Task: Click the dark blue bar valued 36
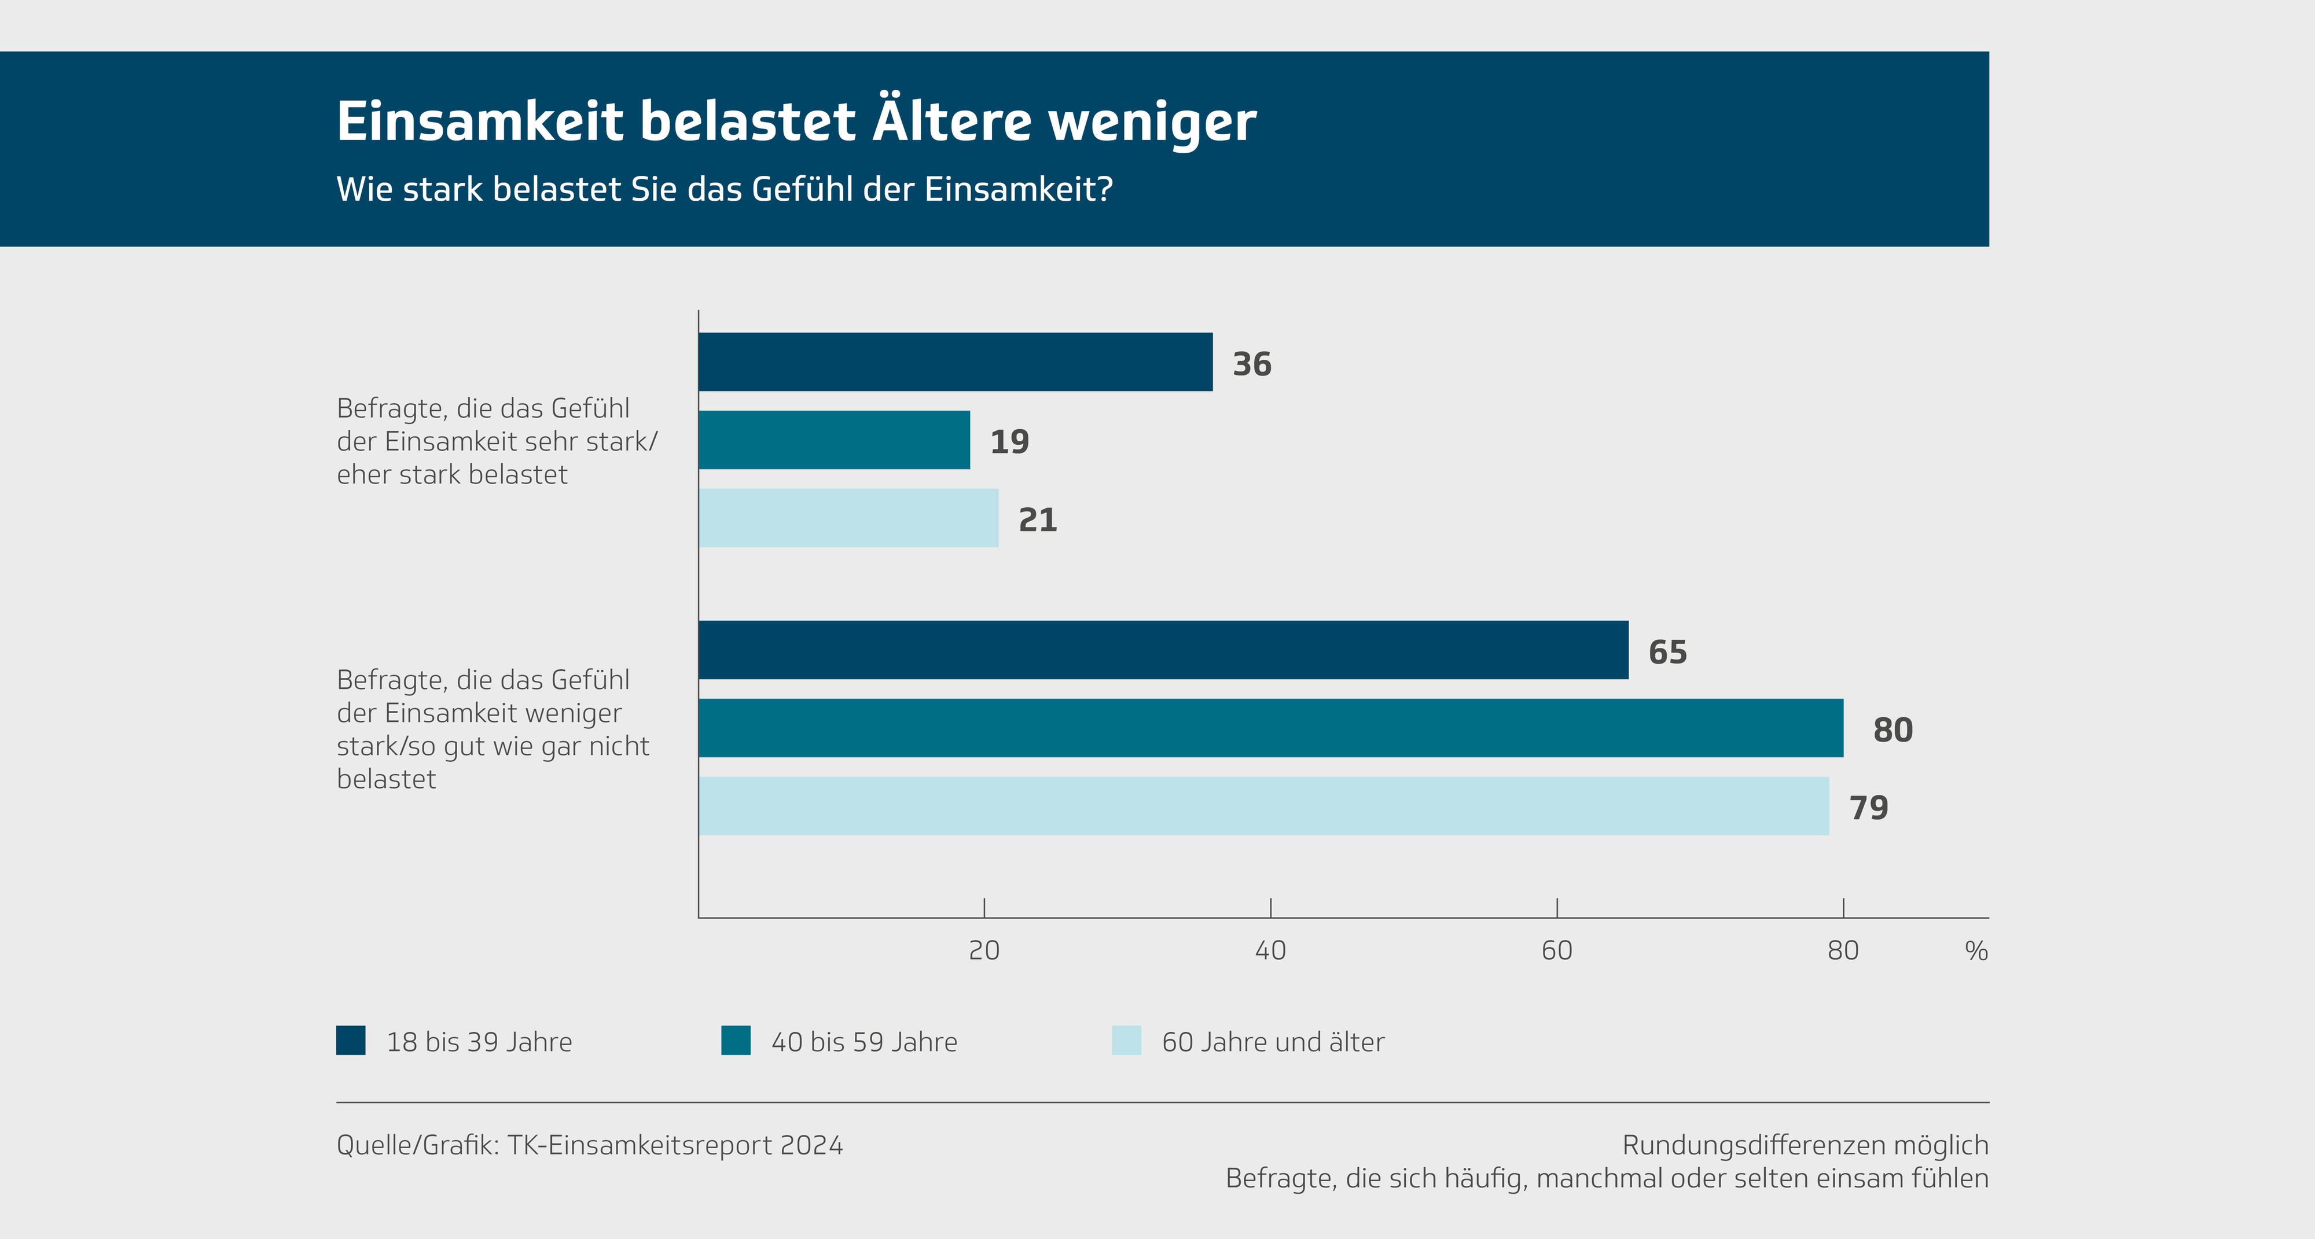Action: click(956, 362)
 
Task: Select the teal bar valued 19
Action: click(834, 440)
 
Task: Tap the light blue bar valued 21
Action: click(848, 518)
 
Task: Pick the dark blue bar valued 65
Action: click(1163, 650)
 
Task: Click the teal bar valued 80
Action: click(1271, 728)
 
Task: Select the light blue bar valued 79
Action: click(1263, 806)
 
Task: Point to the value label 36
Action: click(1252, 364)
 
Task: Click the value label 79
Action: click(1868, 807)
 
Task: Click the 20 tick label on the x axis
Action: click(984, 950)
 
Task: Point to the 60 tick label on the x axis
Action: click(1556, 950)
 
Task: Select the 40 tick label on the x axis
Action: click(1270, 950)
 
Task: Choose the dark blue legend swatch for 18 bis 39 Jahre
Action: click(351, 1041)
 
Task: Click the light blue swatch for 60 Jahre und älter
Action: click(1126, 1041)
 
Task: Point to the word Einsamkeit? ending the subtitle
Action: click(1018, 190)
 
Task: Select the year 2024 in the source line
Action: click(811, 1145)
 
